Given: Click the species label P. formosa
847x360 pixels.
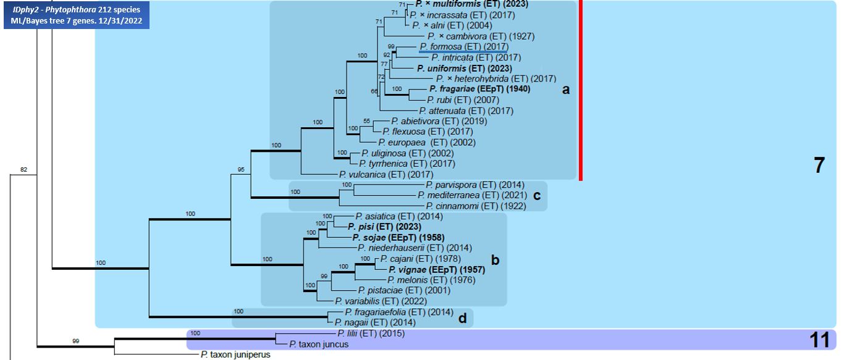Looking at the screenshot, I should point(440,46).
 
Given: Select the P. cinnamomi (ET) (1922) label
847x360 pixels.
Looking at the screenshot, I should point(475,206).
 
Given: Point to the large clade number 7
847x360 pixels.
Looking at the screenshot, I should point(819,165).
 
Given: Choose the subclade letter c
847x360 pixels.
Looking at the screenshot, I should point(536,196).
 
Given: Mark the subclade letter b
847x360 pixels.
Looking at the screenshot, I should point(495,260).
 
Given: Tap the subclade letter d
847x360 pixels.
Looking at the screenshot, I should point(462,318).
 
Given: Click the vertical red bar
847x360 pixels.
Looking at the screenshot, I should point(581,90).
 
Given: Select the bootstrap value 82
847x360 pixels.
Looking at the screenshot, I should point(24,169).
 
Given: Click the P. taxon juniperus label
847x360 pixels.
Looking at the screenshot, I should point(235,355).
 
